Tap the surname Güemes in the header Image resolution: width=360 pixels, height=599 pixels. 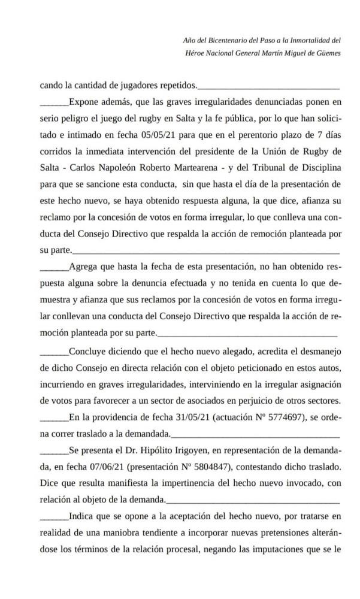point(328,53)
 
